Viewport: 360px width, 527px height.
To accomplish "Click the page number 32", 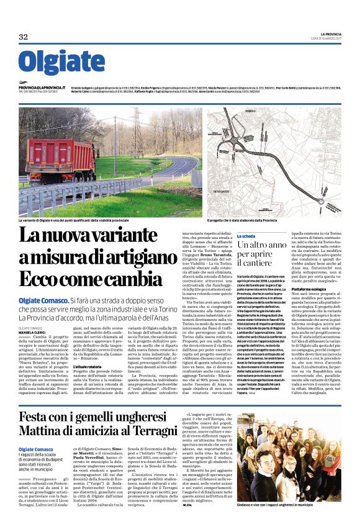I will pyautogui.click(x=23, y=37).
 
